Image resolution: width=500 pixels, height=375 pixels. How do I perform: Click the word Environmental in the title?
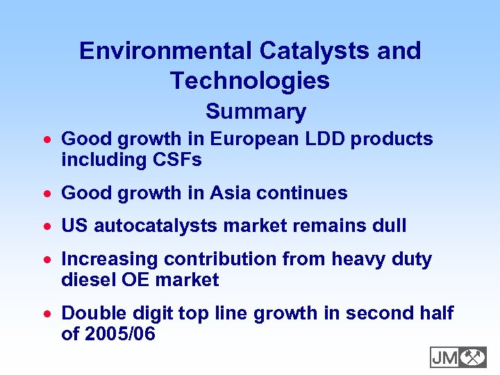click(166, 51)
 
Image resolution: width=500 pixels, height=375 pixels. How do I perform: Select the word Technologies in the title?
click(250, 81)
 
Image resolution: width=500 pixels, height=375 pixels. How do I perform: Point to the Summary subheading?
click(256, 112)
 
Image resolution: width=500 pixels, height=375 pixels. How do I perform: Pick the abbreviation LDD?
click(326, 140)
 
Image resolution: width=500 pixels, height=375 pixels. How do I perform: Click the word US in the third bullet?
click(75, 226)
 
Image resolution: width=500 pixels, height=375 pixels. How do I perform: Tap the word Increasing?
click(110, 260)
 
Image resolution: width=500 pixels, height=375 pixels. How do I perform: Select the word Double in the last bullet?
click(91, 314)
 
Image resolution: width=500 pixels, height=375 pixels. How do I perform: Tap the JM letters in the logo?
click(444, 358)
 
